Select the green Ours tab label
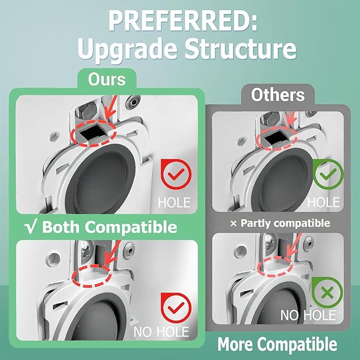(x=107, y=79)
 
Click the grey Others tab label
(x=278, y=94)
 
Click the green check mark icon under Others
(x=328, y=174)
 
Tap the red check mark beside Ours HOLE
(x=176, y=174)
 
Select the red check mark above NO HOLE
(x=176, y=308)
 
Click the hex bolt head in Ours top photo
(x=86, y=111)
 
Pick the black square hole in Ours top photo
(x=93, y=133)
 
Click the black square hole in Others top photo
(x=275, y=138)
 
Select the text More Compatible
(x=277, y=344)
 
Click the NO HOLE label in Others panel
(x=308, y=315)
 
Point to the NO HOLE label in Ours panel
(x=161, y=332)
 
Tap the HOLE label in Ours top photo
(x=174, y=203)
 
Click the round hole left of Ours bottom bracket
(x=54, y=259)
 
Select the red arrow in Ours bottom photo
(x=112, y=253)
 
